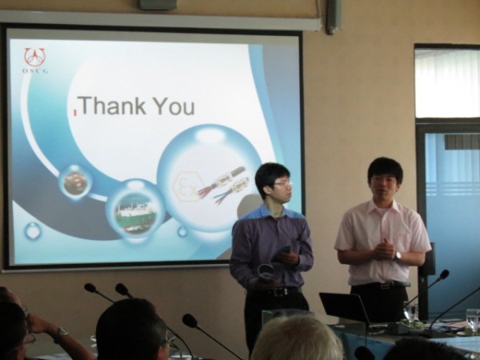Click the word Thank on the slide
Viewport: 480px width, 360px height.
pos(114,106)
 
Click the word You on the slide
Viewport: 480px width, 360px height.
pos(174,106)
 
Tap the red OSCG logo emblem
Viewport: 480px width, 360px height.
pos(35,57)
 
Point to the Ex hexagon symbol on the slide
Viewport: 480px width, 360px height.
pos(186,187)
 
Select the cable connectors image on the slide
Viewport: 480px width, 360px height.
pos(223,184)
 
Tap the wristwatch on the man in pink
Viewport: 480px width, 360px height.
pos(398,255)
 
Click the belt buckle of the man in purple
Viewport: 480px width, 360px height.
pos(278,292)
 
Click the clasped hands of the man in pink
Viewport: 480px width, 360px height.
pos(382,249)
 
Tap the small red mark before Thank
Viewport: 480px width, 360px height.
pos(74,112)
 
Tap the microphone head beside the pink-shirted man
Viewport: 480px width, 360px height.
pos(444,274)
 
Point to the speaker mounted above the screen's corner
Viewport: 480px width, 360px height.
pos(333,16)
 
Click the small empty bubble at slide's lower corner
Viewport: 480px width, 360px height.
pos(32,231)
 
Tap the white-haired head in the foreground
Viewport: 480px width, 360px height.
pos(296,338)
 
